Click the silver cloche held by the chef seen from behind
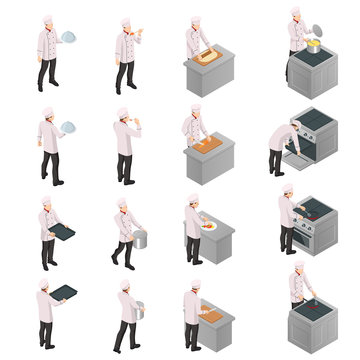pos(67,128)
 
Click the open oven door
pos(297,151)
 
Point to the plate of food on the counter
pos(209,227)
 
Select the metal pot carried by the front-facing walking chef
pos(139,238)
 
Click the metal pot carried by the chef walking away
pos(138,309)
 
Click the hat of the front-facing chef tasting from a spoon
pos(124,22)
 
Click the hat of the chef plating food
pos(192,198)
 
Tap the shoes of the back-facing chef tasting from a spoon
pos(124,181)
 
